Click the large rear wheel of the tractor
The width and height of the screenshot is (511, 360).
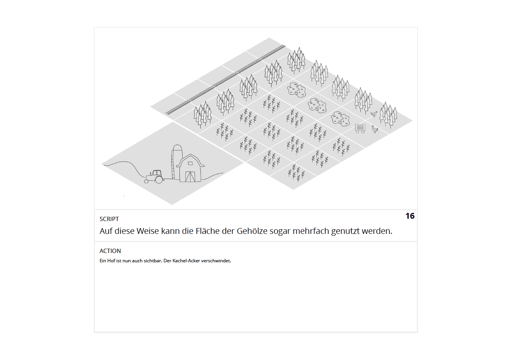coord(159,180)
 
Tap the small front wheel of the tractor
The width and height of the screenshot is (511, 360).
coord(146,181)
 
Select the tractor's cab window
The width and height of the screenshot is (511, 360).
coord(157,173)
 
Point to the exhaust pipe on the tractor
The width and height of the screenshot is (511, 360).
coord(151,174)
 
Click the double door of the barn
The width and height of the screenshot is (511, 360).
coord(190,177)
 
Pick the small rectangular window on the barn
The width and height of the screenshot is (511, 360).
coord(190,163)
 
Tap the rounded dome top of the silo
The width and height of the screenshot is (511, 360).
coord(177,148)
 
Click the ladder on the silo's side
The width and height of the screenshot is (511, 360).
coord(173,164)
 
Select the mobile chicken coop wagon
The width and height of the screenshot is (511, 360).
coord(360,128)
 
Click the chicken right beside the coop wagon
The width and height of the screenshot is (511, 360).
coord(374,129)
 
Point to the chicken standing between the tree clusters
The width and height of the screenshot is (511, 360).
coord(374,114)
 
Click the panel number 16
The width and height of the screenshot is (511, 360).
coord(410,216)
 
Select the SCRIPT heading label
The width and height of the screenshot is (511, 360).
coord(109,219)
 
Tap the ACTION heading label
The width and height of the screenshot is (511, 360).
coord(110,251)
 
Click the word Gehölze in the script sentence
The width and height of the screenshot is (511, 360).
coord(252,231)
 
